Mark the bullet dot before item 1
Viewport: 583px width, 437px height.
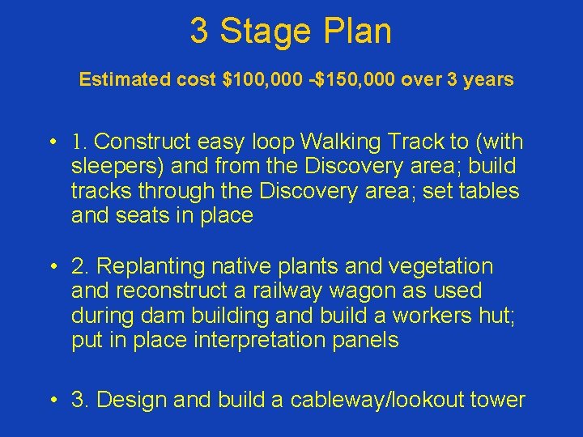(51, 143)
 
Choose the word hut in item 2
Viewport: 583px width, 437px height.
(496, 316)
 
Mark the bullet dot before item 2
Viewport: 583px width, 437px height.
(51, 267)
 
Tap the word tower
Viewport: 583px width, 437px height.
(496, 400)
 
